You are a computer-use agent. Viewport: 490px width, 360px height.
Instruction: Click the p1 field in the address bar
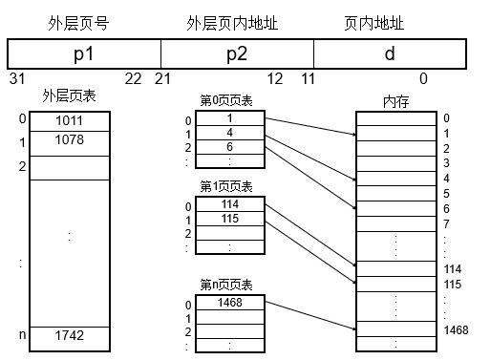click(83, 53)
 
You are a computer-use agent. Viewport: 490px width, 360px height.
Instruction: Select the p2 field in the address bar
click(236, 53)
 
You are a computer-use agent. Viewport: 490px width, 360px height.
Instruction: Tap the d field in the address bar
click(389, 53)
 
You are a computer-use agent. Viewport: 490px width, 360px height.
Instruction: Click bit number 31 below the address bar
click(16, 77)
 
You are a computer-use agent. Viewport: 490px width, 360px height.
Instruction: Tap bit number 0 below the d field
click(423, 77)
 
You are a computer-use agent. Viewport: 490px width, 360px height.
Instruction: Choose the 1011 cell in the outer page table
click(69, 121)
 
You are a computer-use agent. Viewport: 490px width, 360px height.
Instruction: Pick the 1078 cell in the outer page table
click(69, 141)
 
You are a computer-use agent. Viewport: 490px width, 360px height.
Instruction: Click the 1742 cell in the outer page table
click(69, 337)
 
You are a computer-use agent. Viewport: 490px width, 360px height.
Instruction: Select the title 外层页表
click(70, 96)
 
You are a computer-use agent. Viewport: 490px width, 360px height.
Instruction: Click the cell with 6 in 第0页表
click(230, 148)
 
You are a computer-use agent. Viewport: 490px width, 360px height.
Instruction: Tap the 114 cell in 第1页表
click(230, 205)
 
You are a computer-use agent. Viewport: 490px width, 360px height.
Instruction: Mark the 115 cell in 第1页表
click(230, 219)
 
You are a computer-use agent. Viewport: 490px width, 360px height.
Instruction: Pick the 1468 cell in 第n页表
click(230, 304)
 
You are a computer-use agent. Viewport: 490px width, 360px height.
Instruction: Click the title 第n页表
click(226, 285)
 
